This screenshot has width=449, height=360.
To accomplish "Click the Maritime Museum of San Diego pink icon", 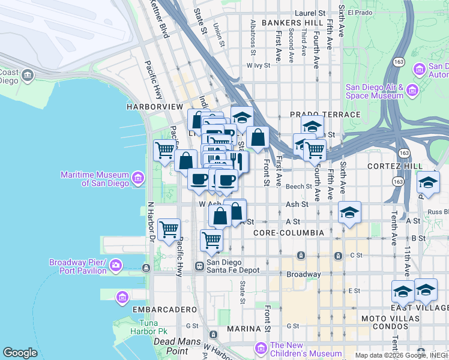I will pos(138,178).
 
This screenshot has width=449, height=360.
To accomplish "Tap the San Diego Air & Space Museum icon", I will pos(412,91).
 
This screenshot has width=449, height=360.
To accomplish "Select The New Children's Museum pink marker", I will pos(261,348).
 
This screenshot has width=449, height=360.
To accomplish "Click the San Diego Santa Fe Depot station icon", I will pos(200,266).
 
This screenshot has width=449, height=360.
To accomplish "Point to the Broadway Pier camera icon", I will pos(115,265).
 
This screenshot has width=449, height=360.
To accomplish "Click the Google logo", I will pos(20,353).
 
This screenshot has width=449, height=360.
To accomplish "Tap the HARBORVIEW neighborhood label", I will pos(154,106).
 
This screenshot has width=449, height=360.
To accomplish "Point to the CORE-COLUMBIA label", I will pos(289,232).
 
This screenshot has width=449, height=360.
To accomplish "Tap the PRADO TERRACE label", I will pos(325,114).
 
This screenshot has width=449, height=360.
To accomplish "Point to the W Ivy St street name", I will pos(259,66).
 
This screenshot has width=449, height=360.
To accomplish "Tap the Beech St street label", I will pos(299,187).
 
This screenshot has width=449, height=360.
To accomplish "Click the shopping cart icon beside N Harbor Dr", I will pos(169,229).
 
